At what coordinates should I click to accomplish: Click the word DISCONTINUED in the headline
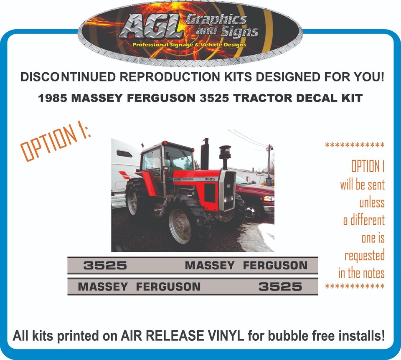tap(68, 77)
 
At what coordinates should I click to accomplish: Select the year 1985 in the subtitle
tap(53, 98)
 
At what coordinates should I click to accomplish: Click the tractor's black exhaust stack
tap(205, 154)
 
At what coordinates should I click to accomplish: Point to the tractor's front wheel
tap(180, 226)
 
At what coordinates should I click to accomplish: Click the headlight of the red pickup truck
tap(269, 199)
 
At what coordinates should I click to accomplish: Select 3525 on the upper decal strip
tap(105, 265)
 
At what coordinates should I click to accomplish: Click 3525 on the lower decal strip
tap(280, 286)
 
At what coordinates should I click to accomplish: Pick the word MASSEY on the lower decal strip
tap(103, 286)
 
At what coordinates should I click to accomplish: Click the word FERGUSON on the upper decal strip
tap(275, 265)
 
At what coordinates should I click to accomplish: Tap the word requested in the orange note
tap(364, 256)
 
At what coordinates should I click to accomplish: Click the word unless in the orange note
tap(372, 203)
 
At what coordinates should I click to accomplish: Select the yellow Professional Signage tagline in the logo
tap(189, 45)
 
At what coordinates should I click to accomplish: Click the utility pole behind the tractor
tap(269, 161)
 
